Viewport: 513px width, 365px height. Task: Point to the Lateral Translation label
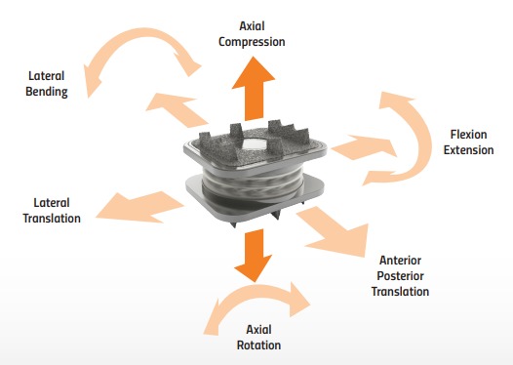click(51, 210)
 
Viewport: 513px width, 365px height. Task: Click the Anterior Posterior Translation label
click(403, 276)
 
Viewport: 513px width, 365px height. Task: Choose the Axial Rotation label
click(258, 338)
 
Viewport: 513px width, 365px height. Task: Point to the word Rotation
click(258, 345)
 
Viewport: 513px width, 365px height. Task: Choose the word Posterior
click(403, 276)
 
